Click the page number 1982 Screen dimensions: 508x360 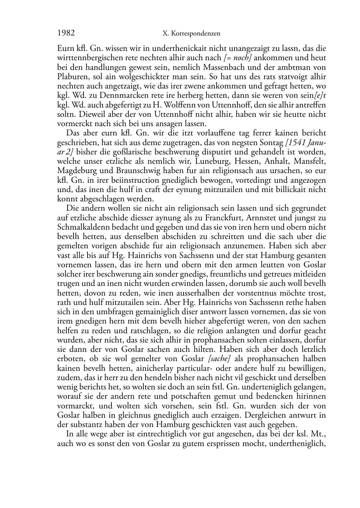tap(66, 33)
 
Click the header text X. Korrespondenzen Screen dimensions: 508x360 tap(191, 34)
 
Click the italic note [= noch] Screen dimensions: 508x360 tap(237, 58)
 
